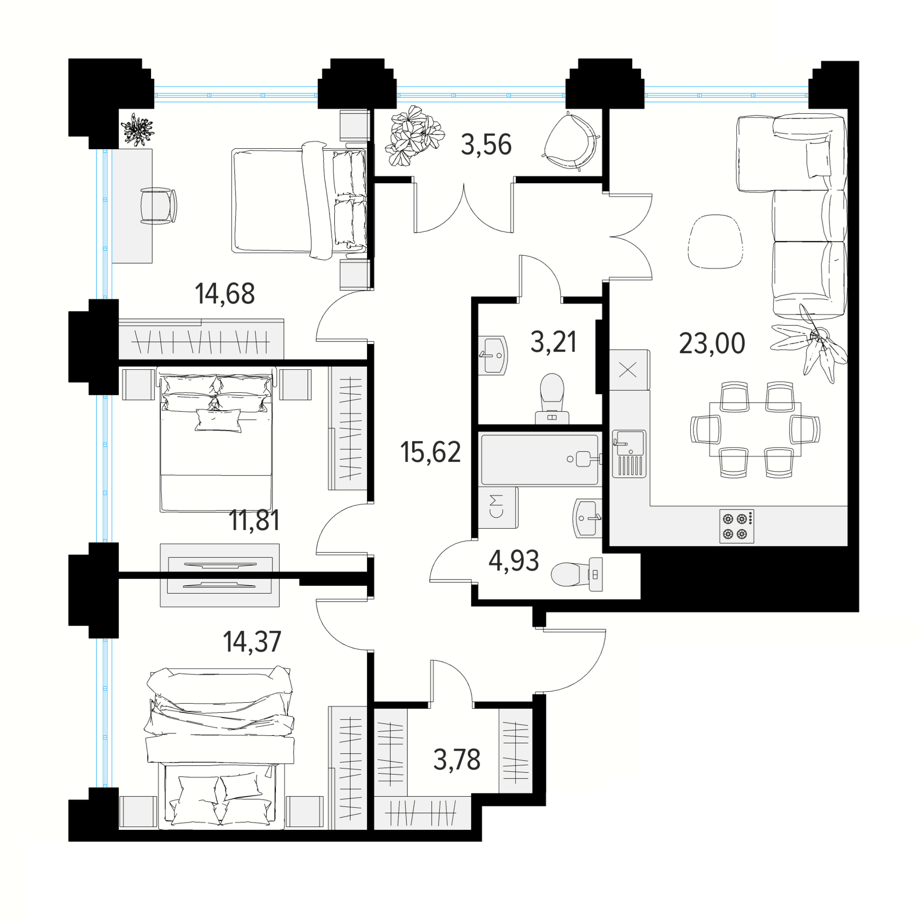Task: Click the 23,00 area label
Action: [x=712, y=343]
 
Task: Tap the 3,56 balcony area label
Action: [x=486, y=145]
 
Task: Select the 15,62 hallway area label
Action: [x=430, y=452]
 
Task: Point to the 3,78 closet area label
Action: [x=457, y=760]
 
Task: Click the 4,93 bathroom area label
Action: [x=514, y=561]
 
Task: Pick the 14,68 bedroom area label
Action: [x=224, y=294]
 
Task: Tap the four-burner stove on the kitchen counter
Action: [x=736, y=526]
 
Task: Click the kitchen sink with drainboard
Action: [x=629, y=454]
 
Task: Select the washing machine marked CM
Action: [x=498, y=508]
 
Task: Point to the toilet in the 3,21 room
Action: [x=552, y=399]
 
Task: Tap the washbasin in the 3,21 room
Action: [x=493, y=355]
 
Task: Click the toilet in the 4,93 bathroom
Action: [x=577, y=574]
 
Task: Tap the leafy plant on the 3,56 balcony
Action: [x=414, y=136]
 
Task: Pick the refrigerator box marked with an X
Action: [x=629, y=370]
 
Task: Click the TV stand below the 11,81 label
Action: [x=220, y=575]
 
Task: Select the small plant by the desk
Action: [x=137, y=130]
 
